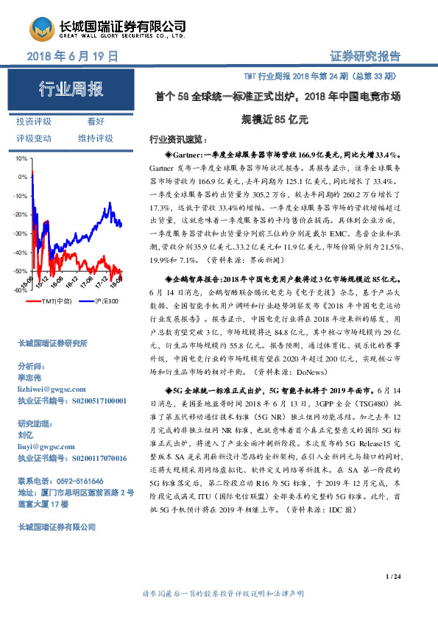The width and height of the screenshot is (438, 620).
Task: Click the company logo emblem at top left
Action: pos(41,29)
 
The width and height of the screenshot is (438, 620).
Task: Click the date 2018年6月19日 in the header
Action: pos(72,56)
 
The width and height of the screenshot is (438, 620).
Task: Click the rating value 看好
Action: pos(96,121)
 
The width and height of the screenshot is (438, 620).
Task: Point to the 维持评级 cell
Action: pos(96,138)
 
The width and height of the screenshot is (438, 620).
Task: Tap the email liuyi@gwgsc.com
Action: pos(46,446)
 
